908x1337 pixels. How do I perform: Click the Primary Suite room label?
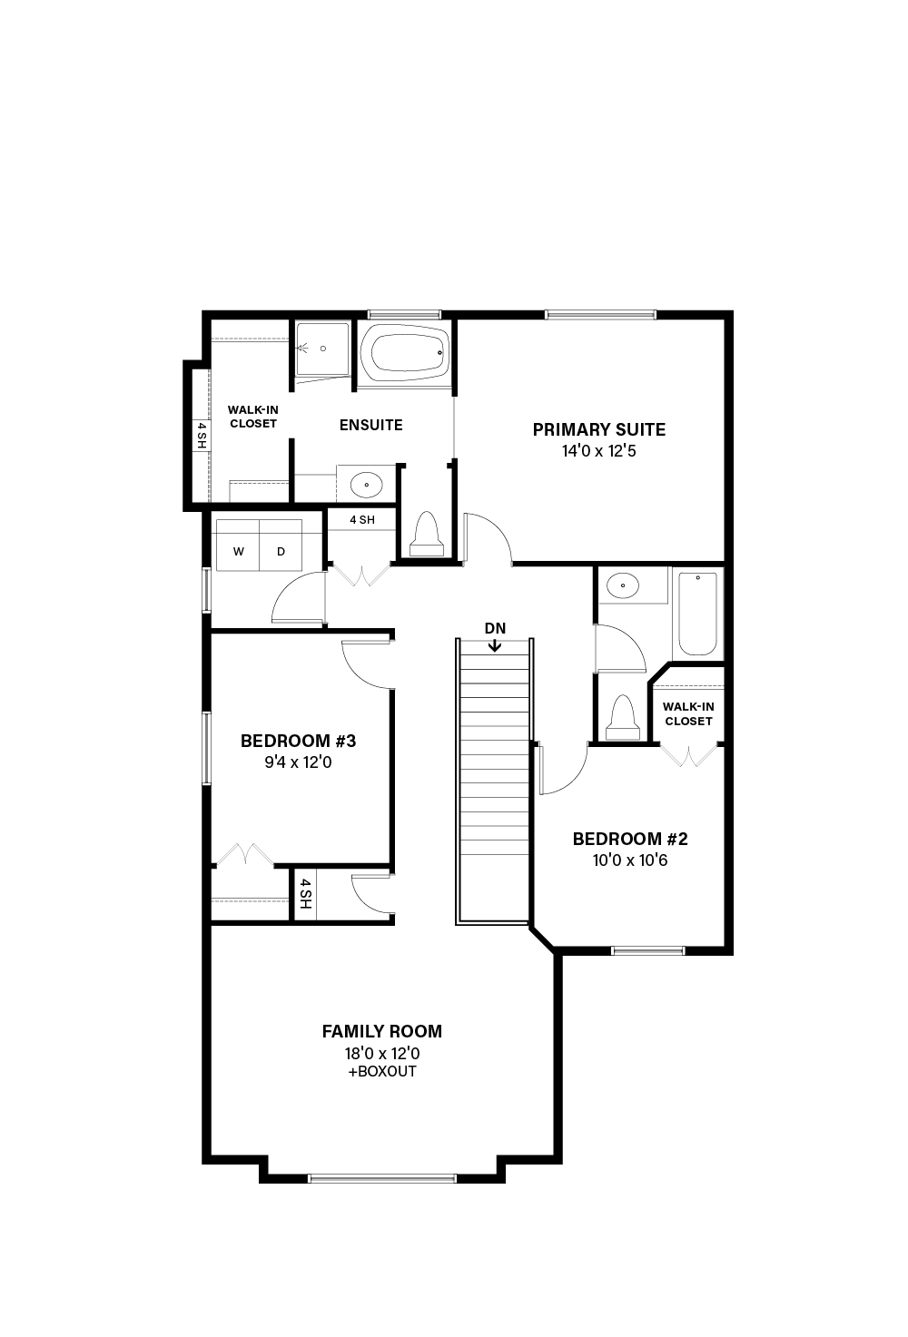coord(598,429)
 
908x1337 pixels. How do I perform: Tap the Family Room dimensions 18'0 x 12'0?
coord(382,1053)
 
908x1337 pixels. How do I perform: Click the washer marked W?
coord(238,546)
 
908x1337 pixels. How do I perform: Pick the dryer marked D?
coord(281,546)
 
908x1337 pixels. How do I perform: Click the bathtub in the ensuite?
coord(405,353)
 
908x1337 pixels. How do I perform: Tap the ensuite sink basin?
coord(366,484)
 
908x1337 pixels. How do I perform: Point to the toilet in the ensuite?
coord(427,534)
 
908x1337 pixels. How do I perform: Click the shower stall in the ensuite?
coord(322,349)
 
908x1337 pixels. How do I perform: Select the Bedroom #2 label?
coord(630,839)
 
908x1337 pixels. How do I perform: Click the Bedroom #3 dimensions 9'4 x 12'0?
coord(298,762)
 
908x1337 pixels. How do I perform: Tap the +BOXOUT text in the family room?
coord(382,1071)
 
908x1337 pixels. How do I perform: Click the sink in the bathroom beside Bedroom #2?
coord(623,585)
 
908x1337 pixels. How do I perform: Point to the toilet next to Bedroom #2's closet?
coord(623,718)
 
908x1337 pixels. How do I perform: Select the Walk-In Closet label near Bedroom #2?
coord(688,713)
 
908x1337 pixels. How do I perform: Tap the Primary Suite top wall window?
coord(600,315)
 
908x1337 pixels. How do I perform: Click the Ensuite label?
coord(370,425)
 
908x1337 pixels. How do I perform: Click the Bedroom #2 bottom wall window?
coord(648,951)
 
